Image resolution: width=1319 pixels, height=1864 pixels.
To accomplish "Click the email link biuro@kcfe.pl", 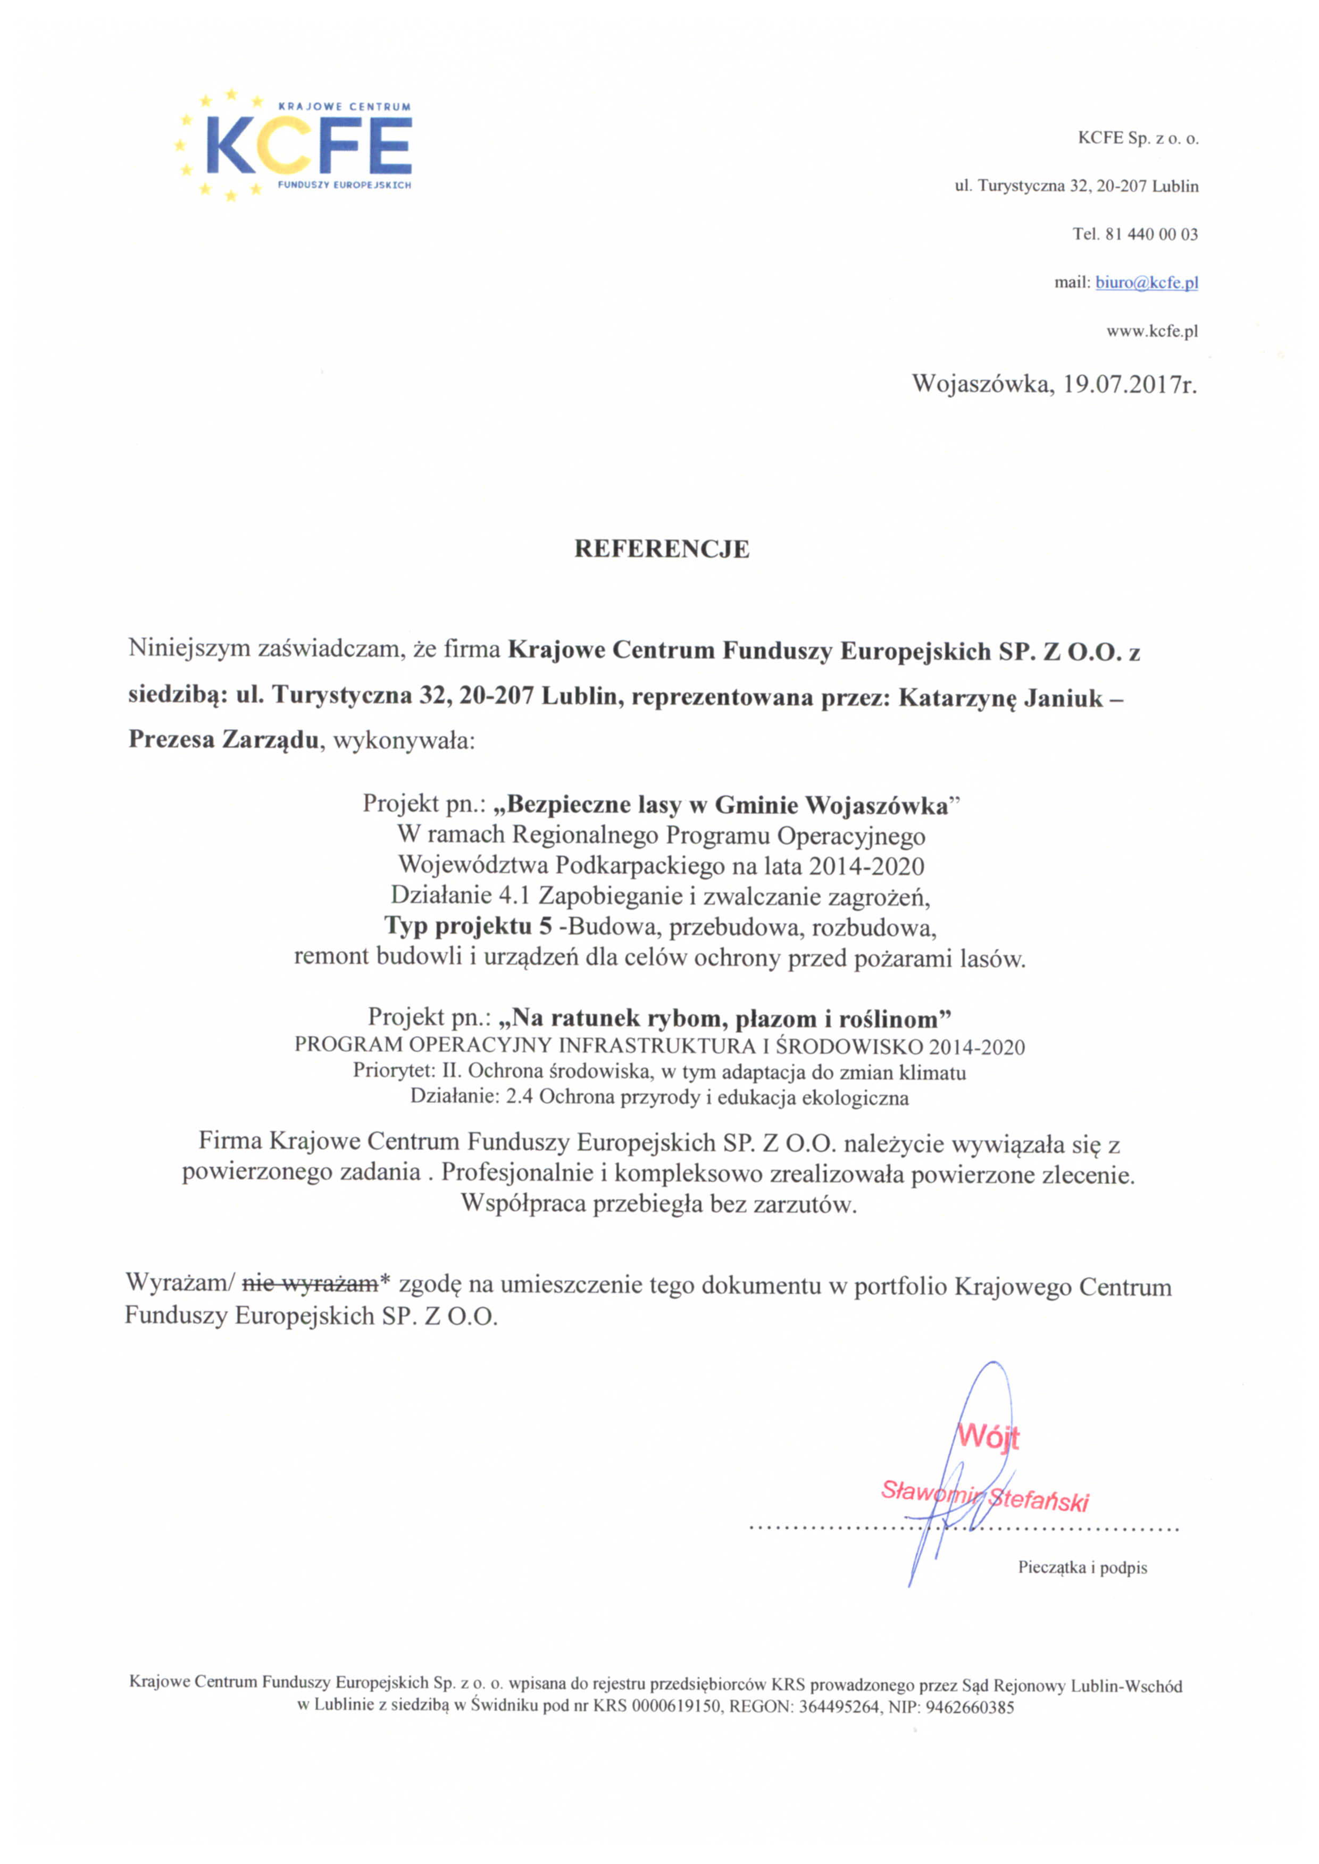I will [x=1146, y=283].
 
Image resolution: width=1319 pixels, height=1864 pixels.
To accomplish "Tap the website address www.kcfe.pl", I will [x=1151, y=331].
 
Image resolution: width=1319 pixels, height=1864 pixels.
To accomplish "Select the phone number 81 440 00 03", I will [x=1151, y=234].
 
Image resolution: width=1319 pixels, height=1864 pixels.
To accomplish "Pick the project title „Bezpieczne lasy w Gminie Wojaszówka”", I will [x=728, y=805].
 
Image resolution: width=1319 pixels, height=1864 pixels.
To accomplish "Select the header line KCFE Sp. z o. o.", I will [x=1138, y=138].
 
